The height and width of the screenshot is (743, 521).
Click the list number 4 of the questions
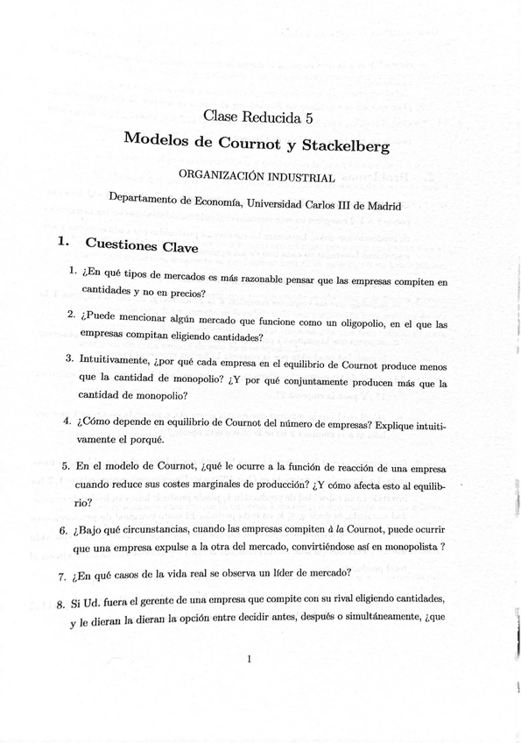click(x=66, y=420)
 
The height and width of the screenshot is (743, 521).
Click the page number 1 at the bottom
click(x=250, y=660)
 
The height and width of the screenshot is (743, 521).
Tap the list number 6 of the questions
click(x=63, y=530)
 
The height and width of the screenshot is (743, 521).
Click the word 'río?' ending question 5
click(x=83, y=503)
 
